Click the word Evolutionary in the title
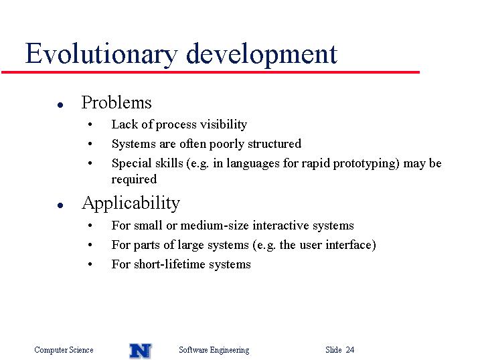click(x=101, y=55)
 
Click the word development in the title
click(x=262, y=55)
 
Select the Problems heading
click(x=116, y=102)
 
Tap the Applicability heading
click(x=131, y=203)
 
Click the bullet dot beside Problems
click(x=60, y=105)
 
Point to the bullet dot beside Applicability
click(x=60, y=205)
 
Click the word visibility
click(x=224, y=124)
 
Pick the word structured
click(x=274, y=144)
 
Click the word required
click(x=134, y=179)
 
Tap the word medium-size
click(x=215, y=226)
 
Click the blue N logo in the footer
click(x=141, y=351)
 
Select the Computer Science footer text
click(x=64, y=350)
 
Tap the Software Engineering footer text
click(x=214, y=350)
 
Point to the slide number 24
click(x=350, y=350)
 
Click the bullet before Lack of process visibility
click(x=90, y=124)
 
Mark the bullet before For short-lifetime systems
click(x=90, y=264)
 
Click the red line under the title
click(x=211, y=72)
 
